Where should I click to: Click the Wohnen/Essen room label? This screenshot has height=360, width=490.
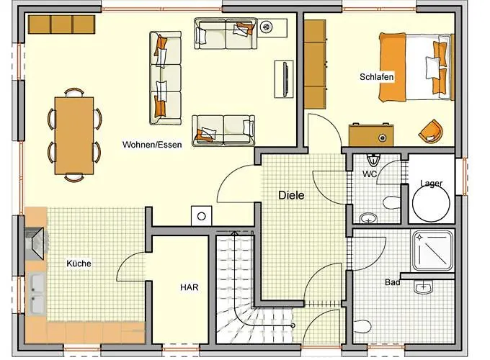pos(151,144)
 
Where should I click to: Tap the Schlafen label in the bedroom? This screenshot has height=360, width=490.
pos(377,76)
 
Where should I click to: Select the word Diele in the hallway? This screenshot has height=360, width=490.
pos(292,194)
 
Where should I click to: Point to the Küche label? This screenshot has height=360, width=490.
pos(79,264)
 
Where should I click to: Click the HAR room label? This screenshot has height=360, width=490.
pos(189,287)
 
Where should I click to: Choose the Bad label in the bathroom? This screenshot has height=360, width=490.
pos(392,283)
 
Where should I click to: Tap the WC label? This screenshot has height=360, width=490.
pos(370,174)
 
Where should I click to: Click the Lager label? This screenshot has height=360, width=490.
pos(431,184)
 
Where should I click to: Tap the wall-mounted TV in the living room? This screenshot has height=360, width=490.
pos(286,80)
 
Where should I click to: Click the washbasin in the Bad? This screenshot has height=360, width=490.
pos(424,289)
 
